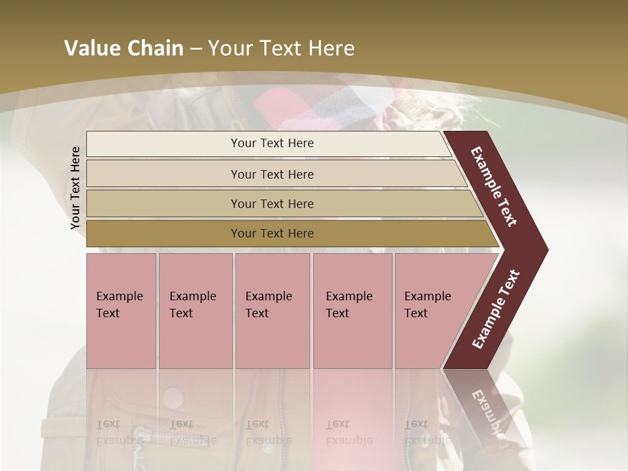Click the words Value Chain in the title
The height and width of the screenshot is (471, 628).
[x=124, y=48]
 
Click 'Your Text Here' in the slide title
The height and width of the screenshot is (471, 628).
[x=281, y=48]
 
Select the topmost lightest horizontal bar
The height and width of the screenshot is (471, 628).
[x=268, y=143]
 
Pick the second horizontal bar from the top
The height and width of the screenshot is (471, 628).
[x=275, y=174]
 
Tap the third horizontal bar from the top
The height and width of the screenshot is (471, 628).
[x=281, y=203]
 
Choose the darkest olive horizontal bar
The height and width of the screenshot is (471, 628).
[x=288, y=234]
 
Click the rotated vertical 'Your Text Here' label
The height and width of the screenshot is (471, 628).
[x=75, y=188]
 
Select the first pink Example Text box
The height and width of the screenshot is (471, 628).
[x=121, y=311]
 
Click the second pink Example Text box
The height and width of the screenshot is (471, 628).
[x=195, y=311]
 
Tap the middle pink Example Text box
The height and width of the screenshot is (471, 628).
[x=272, y=311]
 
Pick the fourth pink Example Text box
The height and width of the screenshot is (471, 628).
[x=352, y=311]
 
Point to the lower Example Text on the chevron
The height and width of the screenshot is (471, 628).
[x=496, y=309]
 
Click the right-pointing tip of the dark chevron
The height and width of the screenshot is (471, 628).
[x=544, y=250]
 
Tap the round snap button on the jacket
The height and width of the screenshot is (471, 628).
[x=174, y=397]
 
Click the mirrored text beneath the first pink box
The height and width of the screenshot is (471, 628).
[x=120, y=432]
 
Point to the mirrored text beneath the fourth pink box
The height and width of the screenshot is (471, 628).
[x=349, y=432]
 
